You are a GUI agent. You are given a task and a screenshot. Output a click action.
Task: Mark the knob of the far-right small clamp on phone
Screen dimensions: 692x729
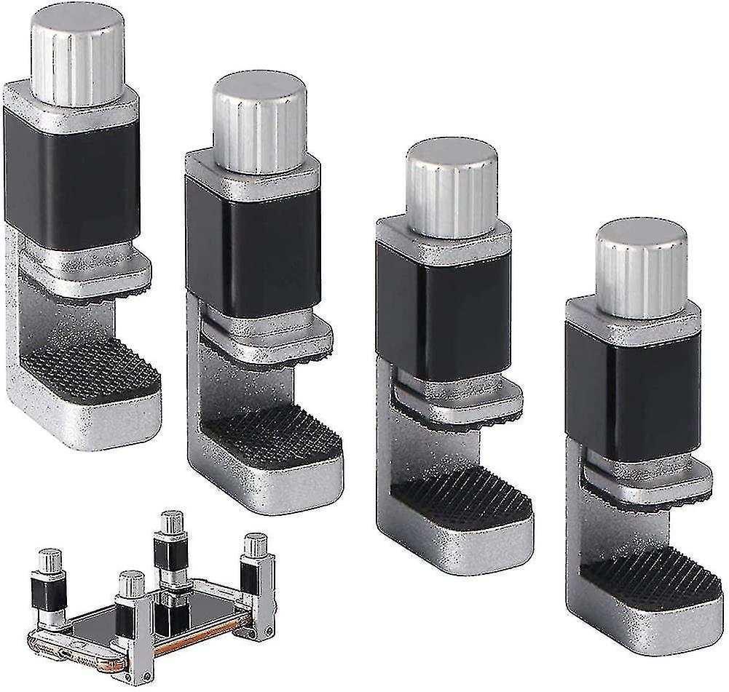255,545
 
